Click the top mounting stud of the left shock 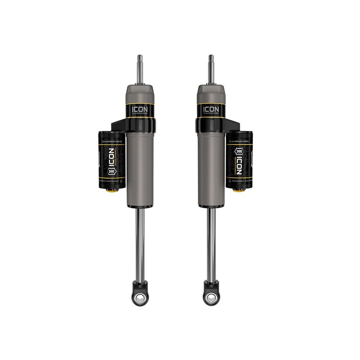point(140,69)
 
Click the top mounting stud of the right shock point(211,69)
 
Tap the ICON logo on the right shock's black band point(211,109)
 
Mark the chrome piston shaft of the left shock point(140,243)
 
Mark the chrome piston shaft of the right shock point(211,243)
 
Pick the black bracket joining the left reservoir point(118,125)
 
